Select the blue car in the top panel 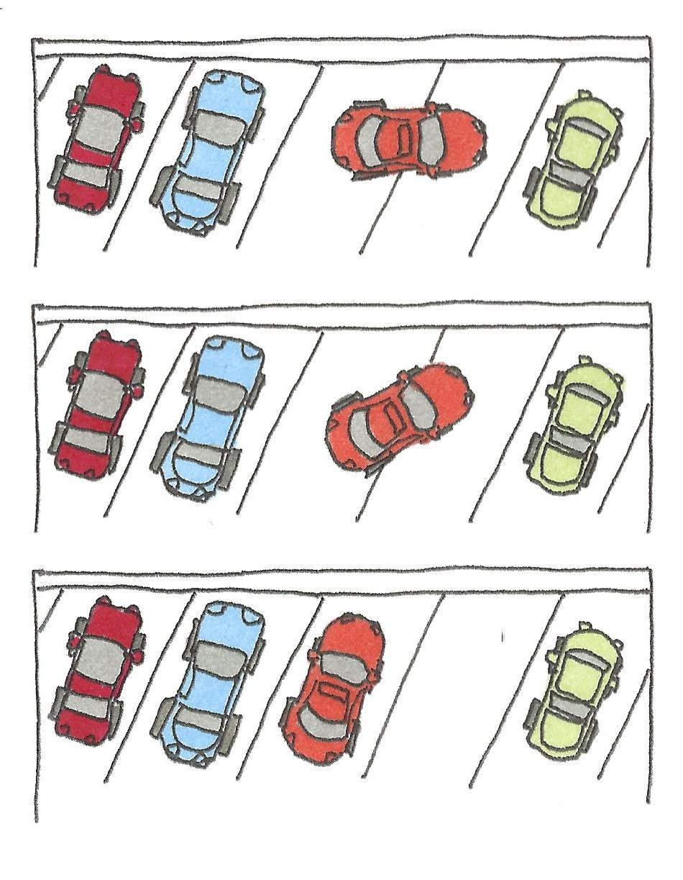pyautogui.click(x=208, y=151)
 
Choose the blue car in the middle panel pyautogui.click(x=208, y=417)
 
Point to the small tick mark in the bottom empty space pyautogui.click(x=503, y=637)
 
